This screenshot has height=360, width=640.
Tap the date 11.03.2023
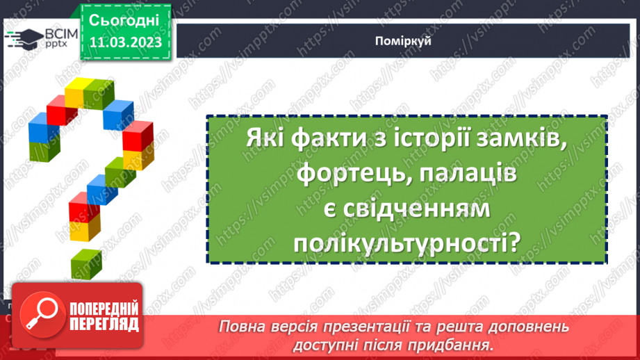pos(125,42)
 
